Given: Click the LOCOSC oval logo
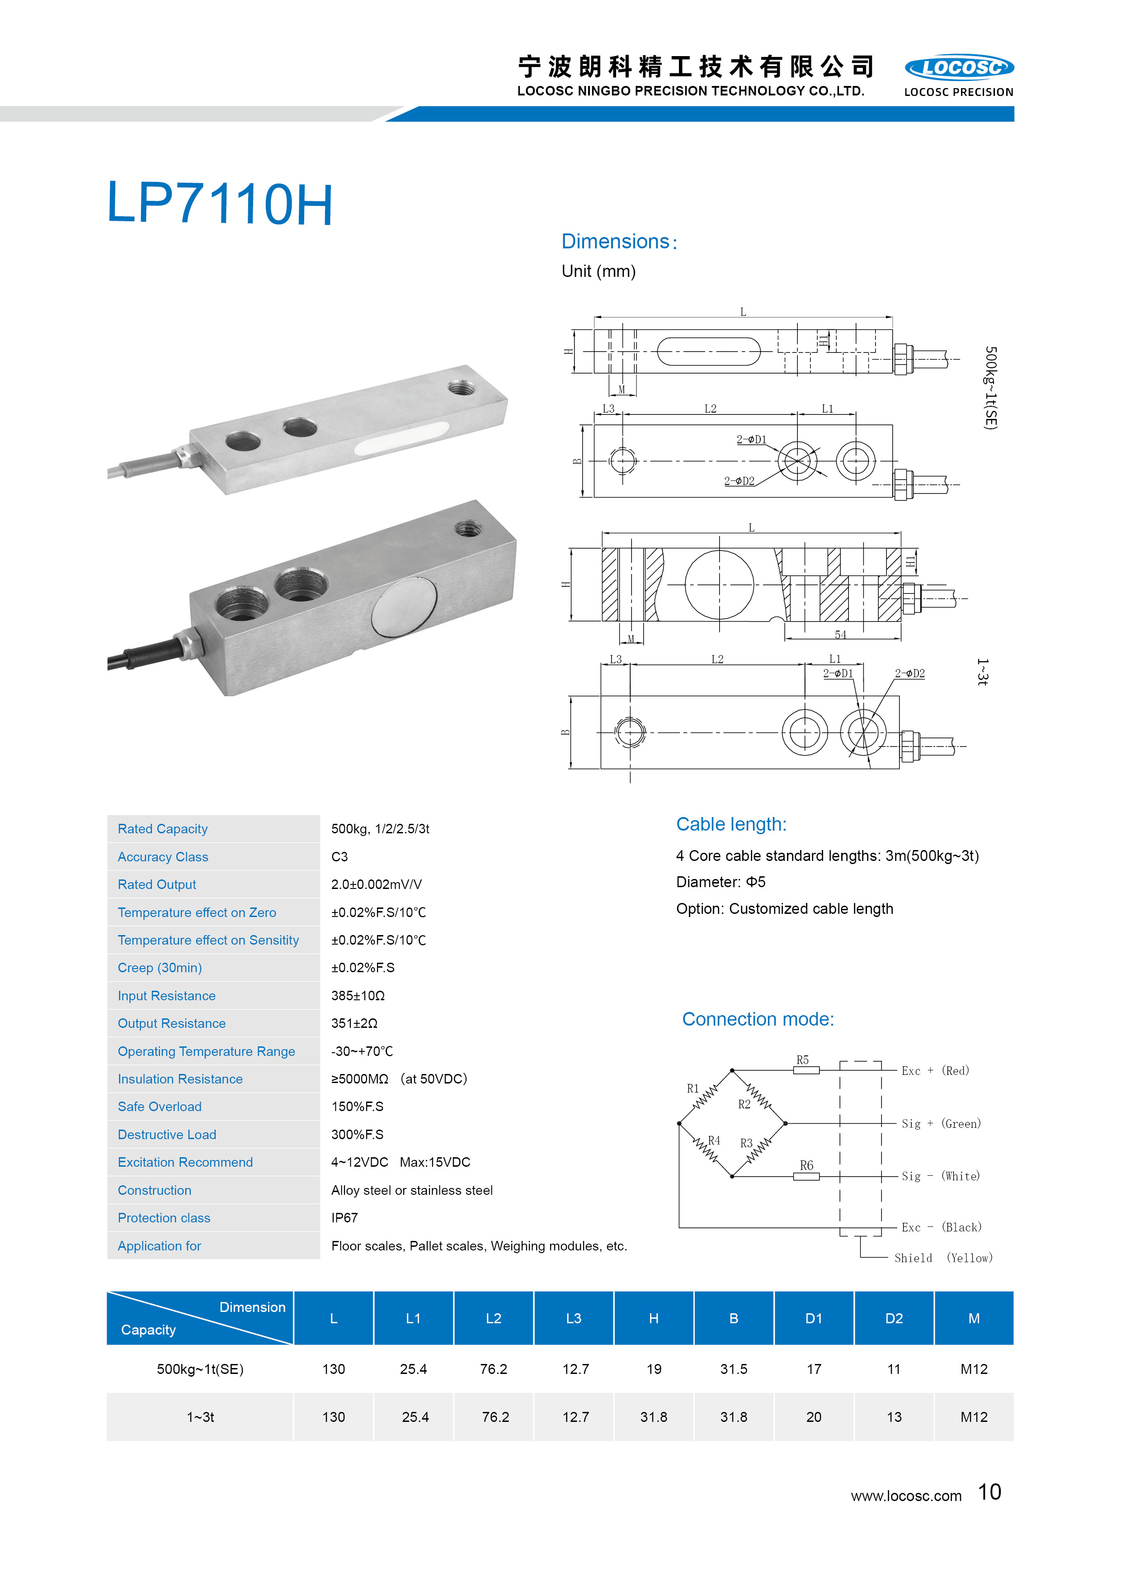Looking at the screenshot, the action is [959, 67].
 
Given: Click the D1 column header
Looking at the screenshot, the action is [814, 1319].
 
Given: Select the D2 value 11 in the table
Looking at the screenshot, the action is [894, 1369].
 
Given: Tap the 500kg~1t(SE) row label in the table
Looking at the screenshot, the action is [200, 1369].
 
